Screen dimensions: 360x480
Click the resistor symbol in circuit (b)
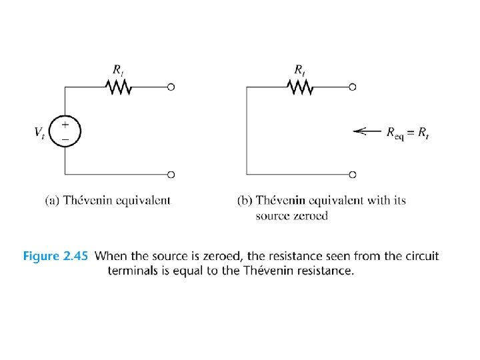pos(300,86)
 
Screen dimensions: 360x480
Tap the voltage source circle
pos(65,131)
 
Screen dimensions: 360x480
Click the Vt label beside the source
pos(40,132)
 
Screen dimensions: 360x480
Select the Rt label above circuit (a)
pos(117,68)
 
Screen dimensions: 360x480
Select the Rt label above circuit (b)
pos(301,68)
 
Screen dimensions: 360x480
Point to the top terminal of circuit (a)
pos(171,87)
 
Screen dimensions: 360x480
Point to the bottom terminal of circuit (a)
pos(171,175)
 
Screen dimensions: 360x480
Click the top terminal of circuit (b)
pos(353,87)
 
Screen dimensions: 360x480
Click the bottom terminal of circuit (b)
pos(353,175)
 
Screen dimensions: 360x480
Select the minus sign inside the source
pos(65,138)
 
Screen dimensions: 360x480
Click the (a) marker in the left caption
pos(53,200)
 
